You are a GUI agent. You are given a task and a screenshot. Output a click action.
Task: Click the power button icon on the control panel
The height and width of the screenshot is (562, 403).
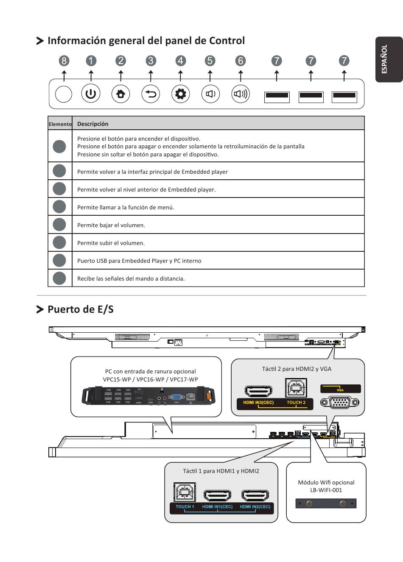pyautogui.click(x=91, y=94)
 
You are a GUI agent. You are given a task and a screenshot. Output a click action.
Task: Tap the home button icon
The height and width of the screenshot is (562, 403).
pyautogui.click(x=120, y=94)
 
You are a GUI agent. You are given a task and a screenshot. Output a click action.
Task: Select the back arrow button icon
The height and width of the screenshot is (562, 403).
pyautogui.click(x=151, y=94)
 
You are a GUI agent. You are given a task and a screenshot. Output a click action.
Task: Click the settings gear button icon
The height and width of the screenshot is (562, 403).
pyautogui.click(x=180, y=94)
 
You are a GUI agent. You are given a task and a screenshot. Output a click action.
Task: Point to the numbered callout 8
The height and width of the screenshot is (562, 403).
pyautogui.click(x=64, y=61)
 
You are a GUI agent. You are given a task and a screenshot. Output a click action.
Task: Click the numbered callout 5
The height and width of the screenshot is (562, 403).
pyautogui.click(x=210, y=61)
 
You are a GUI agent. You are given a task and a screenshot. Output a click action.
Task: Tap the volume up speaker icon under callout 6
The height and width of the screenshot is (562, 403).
pyautogui.click(x=241, y=94)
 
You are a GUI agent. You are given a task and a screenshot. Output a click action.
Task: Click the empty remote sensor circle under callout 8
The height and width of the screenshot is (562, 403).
pyautogui.click(x=64, y=94)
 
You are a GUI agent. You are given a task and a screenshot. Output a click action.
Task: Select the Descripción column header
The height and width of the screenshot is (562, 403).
pyautogui.click(x=92, y=124)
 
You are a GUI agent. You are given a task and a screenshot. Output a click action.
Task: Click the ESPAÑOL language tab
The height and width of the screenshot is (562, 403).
pyautogui.click(x=385, y=59)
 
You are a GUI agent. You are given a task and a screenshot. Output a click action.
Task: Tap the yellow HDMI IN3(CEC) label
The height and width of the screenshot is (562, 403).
pyautogui.click(x=258, y=403)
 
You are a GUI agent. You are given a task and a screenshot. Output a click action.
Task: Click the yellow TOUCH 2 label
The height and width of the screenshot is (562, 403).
pyautogui.click(x=296, y=403)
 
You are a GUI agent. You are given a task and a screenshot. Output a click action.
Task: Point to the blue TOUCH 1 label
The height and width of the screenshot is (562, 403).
pyautogui.click(x=185, y=506)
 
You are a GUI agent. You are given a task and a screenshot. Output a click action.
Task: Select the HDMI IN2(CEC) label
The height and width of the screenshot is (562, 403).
pyautogui.click(x=255, y=506)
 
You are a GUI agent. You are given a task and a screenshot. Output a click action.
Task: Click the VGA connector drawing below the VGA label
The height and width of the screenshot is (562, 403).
pyautogui.click(x=340, y=402)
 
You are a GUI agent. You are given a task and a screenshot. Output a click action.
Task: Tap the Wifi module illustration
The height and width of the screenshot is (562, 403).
pyautogui.click(x=326, y=504)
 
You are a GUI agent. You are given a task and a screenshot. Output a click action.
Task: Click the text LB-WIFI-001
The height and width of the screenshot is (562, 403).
pyautogui.click(x=326, y=490)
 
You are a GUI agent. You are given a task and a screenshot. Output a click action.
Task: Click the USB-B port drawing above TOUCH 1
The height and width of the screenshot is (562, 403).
pyautogui.click(x=185, y=492)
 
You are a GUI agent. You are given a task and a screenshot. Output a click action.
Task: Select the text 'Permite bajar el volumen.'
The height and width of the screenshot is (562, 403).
pyautogui.click(x=111, y=225)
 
